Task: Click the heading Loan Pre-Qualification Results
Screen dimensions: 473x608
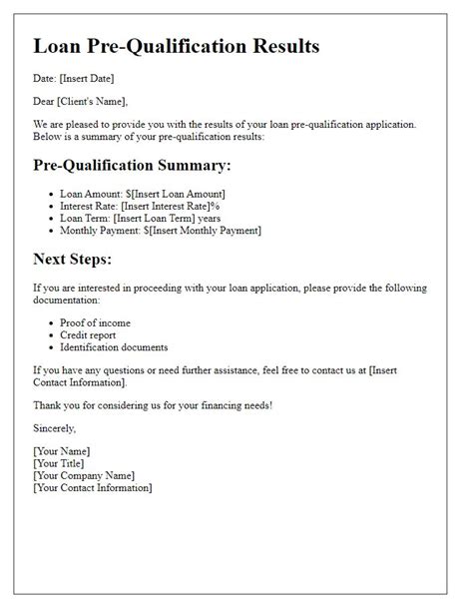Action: pyautogui.click(x=177, y=46)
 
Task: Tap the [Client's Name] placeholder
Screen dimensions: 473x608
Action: pyautogui.click(x=93, y=101)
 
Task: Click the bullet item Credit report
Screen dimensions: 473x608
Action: pyautogui.click(x=89, y=335)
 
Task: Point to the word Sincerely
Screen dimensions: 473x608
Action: pyautogui.click(x=55, y=428)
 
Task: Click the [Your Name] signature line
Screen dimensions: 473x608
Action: pyautogui.click(x=62, y=452)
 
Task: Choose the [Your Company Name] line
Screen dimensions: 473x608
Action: pyautogui.click(x=83, y=476)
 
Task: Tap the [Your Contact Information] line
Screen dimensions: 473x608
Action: pyautogui.click(x=92, y=488)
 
